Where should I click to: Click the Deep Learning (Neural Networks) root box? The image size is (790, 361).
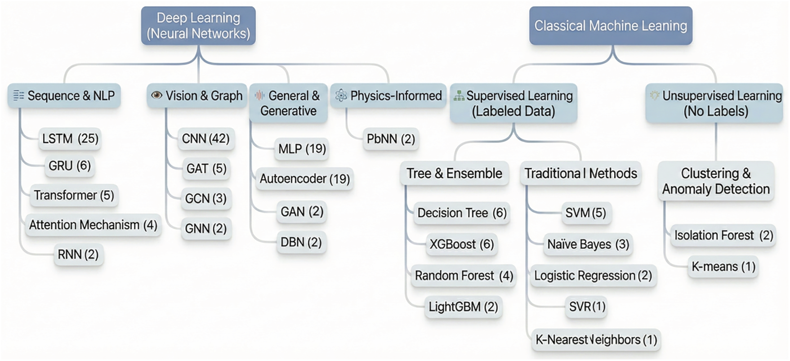coord(198,26)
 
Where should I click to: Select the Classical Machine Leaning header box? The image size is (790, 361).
coord(611,26)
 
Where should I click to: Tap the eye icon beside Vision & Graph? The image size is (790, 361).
coord(156,95)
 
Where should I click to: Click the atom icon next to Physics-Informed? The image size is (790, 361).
coord(341,95)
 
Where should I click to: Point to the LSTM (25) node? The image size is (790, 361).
coord(70,138)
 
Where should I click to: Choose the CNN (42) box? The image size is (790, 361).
coord(206,138)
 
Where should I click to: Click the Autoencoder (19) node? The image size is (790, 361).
coord(305,179)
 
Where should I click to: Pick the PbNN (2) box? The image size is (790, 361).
coord(391,139)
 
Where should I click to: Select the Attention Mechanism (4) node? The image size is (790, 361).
coord(93,225)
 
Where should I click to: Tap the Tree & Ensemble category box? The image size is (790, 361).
coord(454,173)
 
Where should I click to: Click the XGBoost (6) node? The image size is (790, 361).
coord(462,244)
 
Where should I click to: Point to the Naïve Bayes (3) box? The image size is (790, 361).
coord(588,244)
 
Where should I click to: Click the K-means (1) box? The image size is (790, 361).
coord(723,267)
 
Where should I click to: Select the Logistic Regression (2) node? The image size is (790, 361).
coord(593,276)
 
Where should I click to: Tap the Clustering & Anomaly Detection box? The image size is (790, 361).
coord(716,181)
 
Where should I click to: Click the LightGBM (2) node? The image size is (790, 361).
coord(463,307)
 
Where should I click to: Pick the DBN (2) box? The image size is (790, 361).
coord(301,242)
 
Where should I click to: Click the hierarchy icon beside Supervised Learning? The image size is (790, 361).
coord(459,96)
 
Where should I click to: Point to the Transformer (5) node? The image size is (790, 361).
coord(74,195)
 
